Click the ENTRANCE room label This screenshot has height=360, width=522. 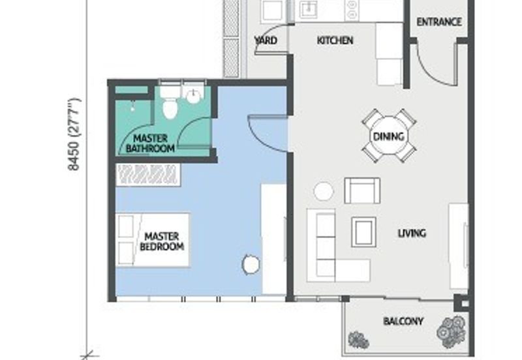click(439, 22)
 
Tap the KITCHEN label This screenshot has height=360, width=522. click(335, 40)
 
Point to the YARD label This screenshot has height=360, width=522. click(266, 40)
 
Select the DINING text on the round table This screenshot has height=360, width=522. click(388, 136)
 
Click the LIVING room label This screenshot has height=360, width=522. click(412, 233)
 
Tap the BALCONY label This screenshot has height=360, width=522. click(403, 321)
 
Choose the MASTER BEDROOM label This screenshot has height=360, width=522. click(162, 241)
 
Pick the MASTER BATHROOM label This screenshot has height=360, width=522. click(150, 143)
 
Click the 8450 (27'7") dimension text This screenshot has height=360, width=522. click(74, 134)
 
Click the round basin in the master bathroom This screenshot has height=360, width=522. click(193, 96)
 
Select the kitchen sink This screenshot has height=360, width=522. click(309, 9)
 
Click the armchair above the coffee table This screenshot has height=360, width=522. click(362, 190)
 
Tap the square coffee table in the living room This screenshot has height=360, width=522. click(364, 232)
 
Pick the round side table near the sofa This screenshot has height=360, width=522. click(323, 191)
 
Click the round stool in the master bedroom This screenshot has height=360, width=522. click(251, 264)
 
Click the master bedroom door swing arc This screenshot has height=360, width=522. click(259, 139)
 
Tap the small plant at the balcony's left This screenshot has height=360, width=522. click(358, 340)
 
